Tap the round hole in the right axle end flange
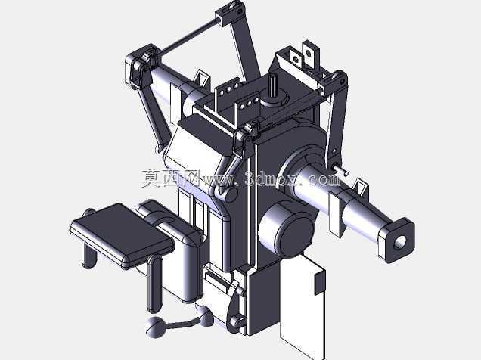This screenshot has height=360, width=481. pos(400,243)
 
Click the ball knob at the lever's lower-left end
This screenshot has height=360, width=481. pos(155,327)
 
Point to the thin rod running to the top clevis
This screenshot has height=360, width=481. pos(188,36)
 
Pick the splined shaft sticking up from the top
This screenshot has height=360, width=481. pos(273,86)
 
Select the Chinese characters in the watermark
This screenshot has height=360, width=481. pos(171,178)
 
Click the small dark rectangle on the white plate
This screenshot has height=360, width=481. pos(319,282)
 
